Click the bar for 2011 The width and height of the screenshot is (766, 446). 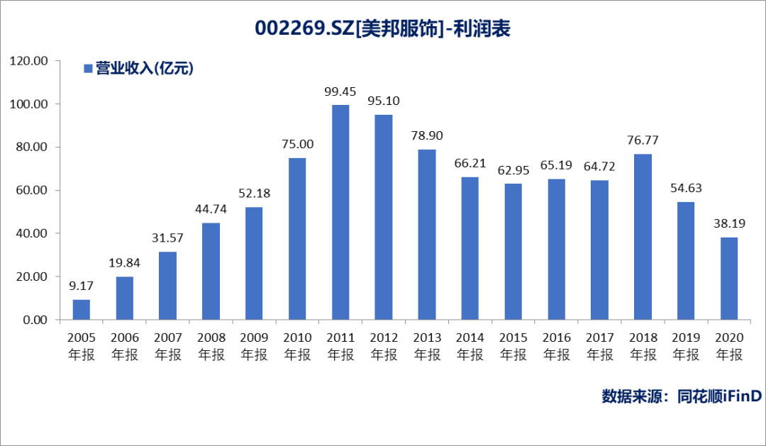click(340, 212)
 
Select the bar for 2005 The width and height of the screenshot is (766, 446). click(82, 310)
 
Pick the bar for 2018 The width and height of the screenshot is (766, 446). click(643, 237)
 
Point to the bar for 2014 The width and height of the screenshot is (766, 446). click(470, 248)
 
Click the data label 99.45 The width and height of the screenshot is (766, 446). click(340, 91)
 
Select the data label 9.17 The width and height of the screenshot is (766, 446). click(82, 286)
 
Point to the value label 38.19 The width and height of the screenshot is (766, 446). click(729, 223)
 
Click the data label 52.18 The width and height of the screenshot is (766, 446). click(254, 194)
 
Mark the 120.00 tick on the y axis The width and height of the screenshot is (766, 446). click(29, 61)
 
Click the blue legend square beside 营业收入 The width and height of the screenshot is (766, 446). click(88, 69)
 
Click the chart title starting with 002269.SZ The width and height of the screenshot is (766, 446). click(383, 28)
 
